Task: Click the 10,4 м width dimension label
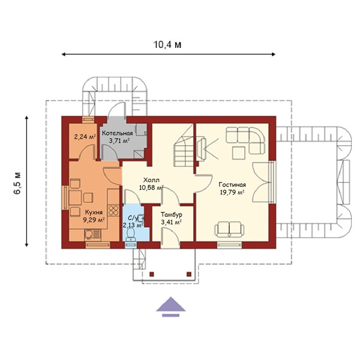pyautogui.click(x=167, y=45)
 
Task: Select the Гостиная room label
pyautogui.click(x=232, y=185)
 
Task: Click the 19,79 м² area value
pyautogui.click(x=232, y=193)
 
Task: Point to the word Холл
pyautogui.click(x=151, y=180)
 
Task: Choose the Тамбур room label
pyautogui.click(x=172, y=215)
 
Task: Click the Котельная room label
pyautogui.click(x=118, y=133)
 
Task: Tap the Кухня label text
pyautogui.click(x=94, y=212)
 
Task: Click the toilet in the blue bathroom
pyautogui.click(x=131, y=235)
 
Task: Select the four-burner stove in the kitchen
pyautogui.click(x=113, y=210)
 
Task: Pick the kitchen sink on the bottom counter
pyautogui.click(x=92, y=235)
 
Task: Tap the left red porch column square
pyautogui.click(x=152, y=274)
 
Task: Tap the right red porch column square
pyautogui.click(x=189, y=274)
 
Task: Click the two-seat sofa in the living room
pyautogui.click(x=230, y=229)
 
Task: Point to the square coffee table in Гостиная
pyautogui.click(x=238, y=153)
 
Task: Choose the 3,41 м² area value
pyautogui.click(x=172, y=222)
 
